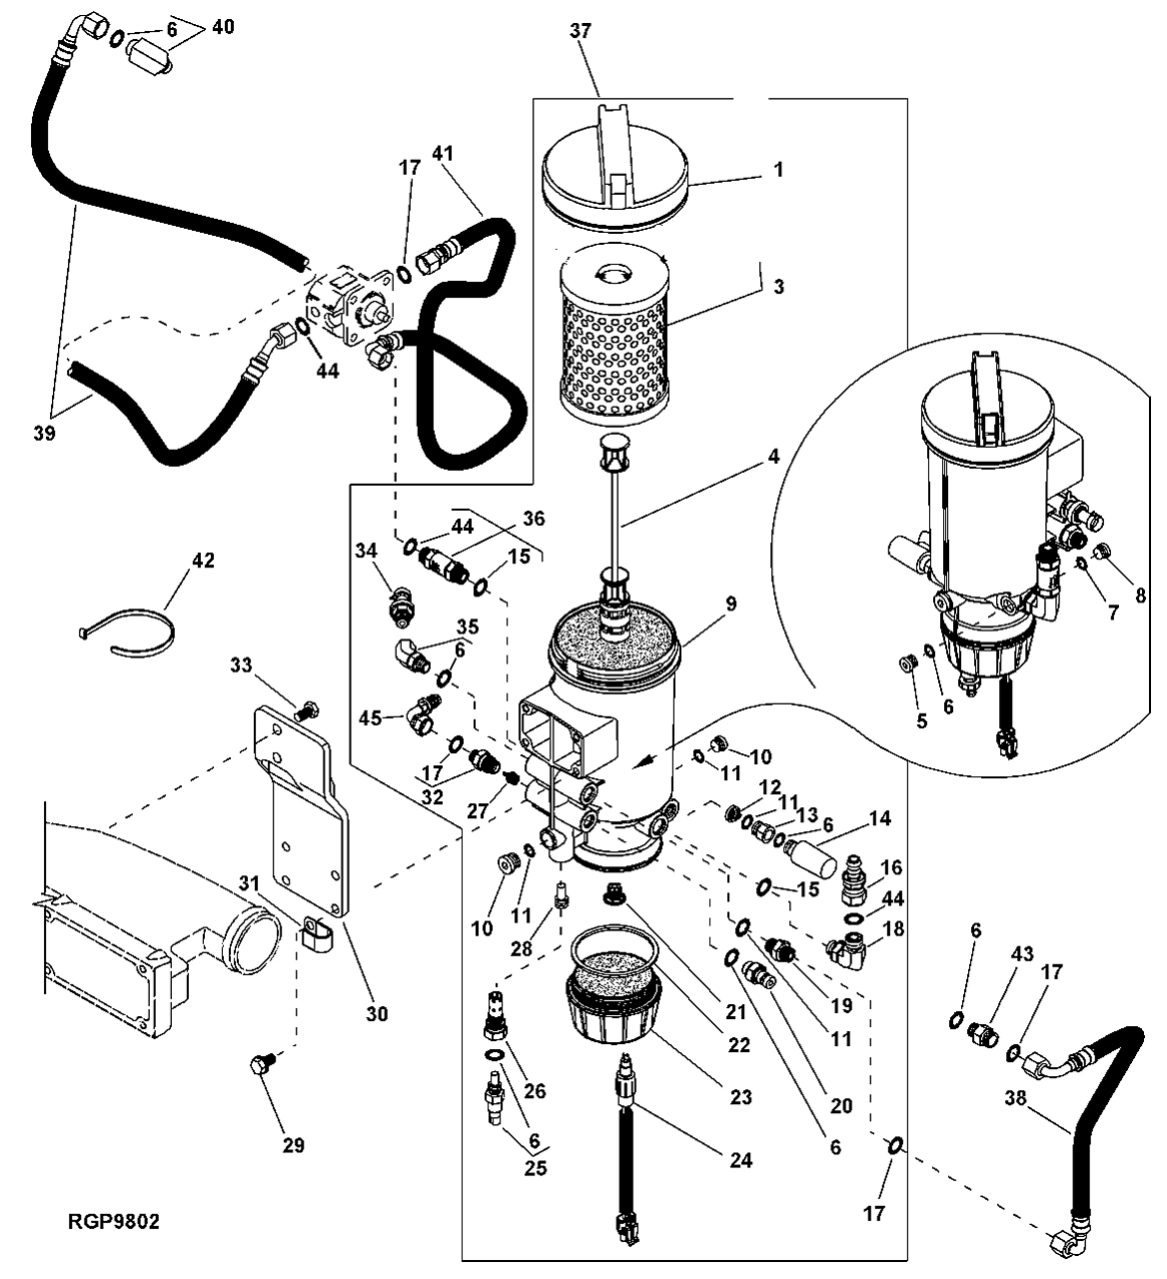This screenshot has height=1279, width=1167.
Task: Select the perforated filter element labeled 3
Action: click(x=614, y=338)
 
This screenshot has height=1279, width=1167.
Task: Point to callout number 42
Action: click(x=204, y=561)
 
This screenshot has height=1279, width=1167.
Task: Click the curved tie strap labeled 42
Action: click(x=128, y=635)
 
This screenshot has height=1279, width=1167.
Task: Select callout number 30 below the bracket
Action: click(x=377, y=1014)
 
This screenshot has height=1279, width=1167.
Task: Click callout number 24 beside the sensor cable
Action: click(x=740, y=1159)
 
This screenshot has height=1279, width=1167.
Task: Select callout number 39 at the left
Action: click(x=45, y=433)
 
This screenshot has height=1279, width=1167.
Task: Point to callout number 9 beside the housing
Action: click(x=730, y=603)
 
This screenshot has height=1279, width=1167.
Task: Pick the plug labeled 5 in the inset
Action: click(x=906, y=663)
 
